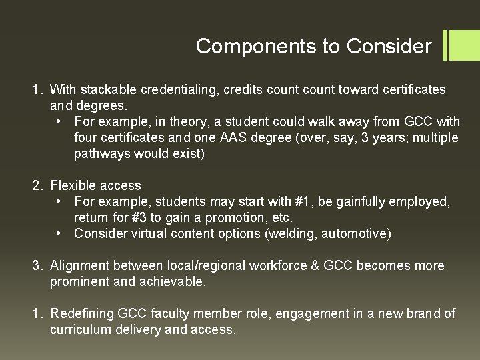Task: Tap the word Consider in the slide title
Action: tap(390, 47)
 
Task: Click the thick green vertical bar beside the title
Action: tap(445, 45)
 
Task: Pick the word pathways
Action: tap(100, 153)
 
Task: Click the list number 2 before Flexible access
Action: tap(37, 185)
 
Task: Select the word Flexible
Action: tap(71, 185)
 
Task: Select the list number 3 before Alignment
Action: tap(37, 265)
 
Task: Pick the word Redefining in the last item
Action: tap(82, 313)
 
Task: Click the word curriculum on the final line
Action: tap(78, 329)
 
